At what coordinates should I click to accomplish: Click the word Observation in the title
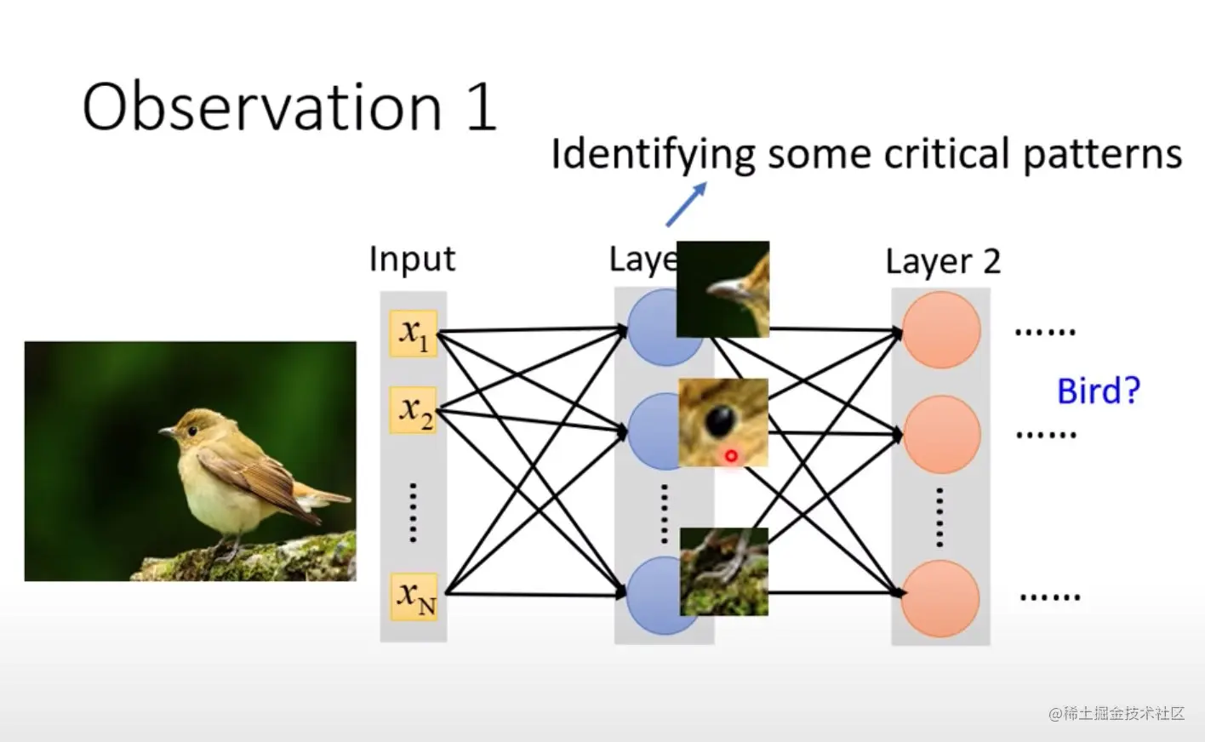(262, 108)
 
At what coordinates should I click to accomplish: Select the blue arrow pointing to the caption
(686, 205)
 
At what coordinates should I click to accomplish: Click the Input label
(412, 259)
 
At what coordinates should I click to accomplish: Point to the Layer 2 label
(942, 262)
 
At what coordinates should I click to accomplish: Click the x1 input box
(414, 334)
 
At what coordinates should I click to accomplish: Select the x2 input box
(414, 410)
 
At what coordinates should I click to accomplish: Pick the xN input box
(414, 596)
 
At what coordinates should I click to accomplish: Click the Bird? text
(1098, 391)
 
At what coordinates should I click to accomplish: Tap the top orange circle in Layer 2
(941, 330)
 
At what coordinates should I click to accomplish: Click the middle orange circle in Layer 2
(941, 434)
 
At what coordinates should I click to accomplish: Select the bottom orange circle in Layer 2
(941, 598)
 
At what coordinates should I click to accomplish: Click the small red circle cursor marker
(730, 456)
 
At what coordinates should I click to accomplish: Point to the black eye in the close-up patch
(721, 419)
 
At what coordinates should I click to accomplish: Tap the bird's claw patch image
(724, 571)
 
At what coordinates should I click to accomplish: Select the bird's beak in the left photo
(165, 432)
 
